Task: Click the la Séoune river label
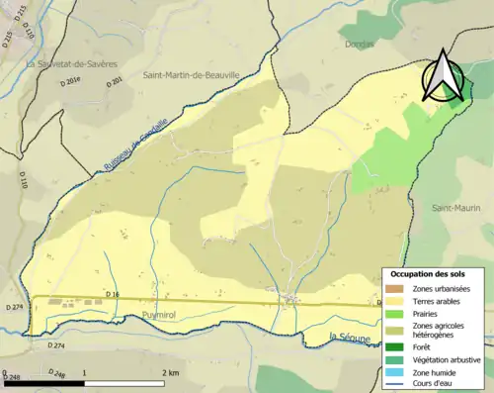(x=349, y=339)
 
